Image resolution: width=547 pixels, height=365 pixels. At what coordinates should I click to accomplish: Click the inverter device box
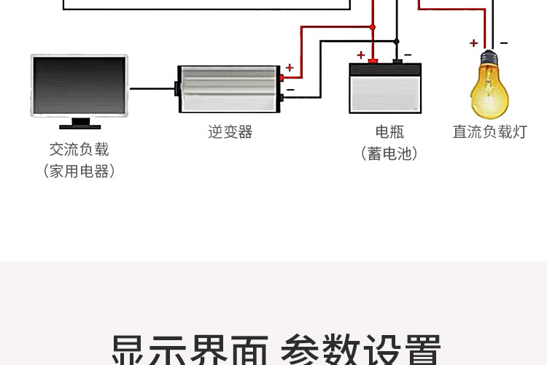(229, 88)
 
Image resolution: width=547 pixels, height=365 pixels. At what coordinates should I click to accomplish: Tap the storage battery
(385, 88)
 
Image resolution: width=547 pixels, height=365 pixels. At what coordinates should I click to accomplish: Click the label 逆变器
(230, 132)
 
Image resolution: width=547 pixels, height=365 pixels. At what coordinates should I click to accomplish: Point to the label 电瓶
(389, 132)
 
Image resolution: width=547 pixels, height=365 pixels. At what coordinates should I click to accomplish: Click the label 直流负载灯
(489, 132)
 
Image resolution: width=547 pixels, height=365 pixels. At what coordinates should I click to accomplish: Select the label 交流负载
(79, 150)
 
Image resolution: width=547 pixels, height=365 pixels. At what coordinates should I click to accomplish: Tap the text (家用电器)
(79, 172)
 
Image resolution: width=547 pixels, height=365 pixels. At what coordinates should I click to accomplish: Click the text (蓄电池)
(389, 154)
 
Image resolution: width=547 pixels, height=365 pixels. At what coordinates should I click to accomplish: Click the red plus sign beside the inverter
(290, 68)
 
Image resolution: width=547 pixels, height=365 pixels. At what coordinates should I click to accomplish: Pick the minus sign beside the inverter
(290, 90)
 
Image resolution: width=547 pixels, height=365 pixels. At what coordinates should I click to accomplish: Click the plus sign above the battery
(360, 55)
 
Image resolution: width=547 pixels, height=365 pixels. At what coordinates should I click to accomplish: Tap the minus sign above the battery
(408, 55)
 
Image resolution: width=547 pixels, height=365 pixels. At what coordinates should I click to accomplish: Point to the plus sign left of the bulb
(473, 43)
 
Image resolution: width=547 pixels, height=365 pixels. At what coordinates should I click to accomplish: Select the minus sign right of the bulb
(504, 42)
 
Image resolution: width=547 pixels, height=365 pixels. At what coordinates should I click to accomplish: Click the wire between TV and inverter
(153, 88)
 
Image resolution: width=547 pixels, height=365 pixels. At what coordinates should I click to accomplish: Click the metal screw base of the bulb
(489, 58)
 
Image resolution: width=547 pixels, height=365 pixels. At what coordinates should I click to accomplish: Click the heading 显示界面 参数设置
(276, 349)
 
